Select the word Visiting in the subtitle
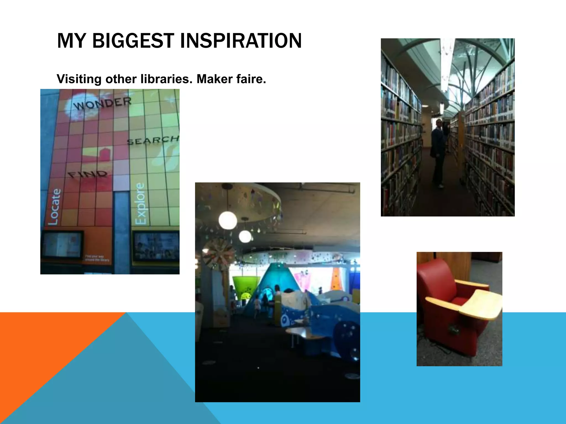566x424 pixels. point(79,79)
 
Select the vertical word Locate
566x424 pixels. point(54,206)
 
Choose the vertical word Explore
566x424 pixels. point(140,203)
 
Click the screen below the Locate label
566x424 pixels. point(62,245)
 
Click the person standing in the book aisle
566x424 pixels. point(438,153)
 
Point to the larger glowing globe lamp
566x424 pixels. point(227,221)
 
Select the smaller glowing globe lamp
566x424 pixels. point(245,236)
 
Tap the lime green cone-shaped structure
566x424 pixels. point(242,287)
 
